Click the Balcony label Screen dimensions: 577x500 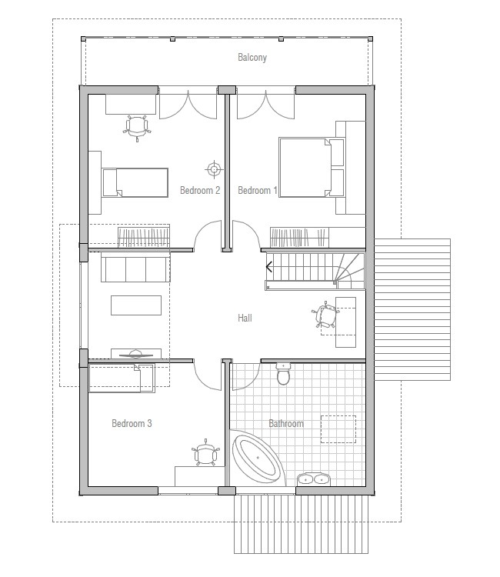point(252,58)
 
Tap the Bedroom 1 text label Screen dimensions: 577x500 point(258,190)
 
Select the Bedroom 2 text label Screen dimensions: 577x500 point(200,190)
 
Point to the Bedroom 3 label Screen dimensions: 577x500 point(132,423)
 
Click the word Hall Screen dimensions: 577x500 point(245,318)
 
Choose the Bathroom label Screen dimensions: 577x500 point(285,423)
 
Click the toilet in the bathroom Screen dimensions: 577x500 point(283,375)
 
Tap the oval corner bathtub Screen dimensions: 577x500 point(258,459)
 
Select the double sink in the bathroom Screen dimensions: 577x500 point(313,479)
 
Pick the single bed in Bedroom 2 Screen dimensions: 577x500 point(135,183)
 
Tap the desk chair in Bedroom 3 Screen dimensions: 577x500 point(204,454)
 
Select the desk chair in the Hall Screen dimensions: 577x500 point(326,316)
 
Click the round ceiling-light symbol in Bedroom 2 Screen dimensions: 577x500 point(213,168)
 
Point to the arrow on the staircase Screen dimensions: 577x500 point(269,267)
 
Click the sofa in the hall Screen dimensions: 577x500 point(135,269)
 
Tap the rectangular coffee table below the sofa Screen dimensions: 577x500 point(136,305)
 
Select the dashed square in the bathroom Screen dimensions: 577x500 point(338,429)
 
